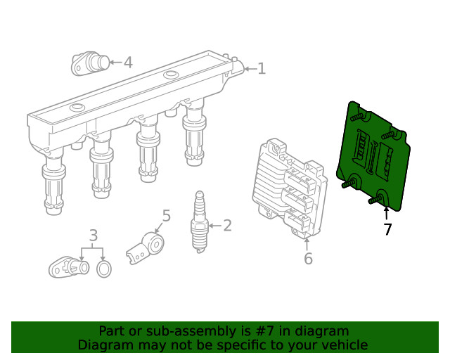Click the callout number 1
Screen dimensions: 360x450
[x=261, y=68]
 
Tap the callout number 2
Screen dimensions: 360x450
[x=226, y=226]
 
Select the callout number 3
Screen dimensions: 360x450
[x=93, y=236]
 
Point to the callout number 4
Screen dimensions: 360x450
[x=127, y=63]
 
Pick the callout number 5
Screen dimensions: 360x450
[x=166, y=215]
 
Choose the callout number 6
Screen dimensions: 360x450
[x=308, y=259]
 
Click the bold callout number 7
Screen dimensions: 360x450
[x=387, y=229]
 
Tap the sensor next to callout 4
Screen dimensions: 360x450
[x=89, y=63]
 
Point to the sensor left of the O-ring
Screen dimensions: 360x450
[x=66, y=267]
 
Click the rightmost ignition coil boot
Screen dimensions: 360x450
[x=194, y=141]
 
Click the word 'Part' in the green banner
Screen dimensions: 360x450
[x=111, y=331]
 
